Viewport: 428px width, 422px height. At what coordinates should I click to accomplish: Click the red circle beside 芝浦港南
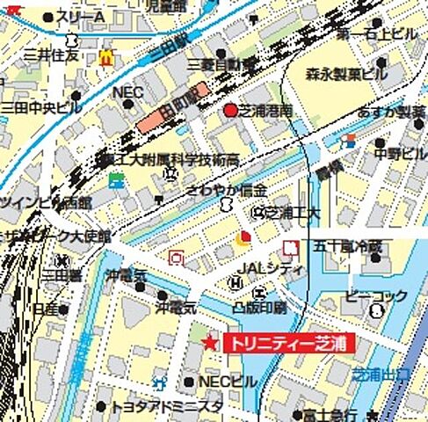pos(231,111)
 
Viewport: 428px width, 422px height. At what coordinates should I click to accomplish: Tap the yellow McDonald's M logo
pos(106,58)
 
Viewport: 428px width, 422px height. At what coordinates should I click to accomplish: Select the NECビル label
pos(227,382)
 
